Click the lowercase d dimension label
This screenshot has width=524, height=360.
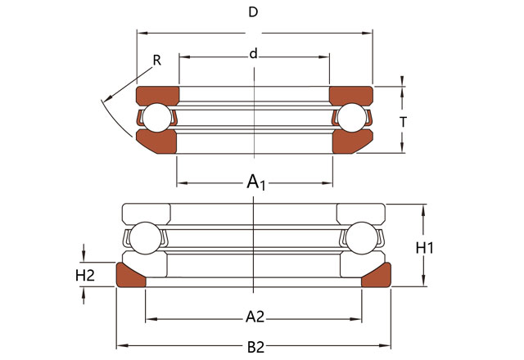(x=254, y=54)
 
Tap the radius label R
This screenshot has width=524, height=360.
(x=156, y=60)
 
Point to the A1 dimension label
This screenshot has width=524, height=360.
(x=255, y=182)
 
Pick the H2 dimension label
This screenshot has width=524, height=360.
(x=85, y=276)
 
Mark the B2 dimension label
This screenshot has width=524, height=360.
(x=255, y=346)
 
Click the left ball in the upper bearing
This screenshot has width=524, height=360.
(x=157, y=118)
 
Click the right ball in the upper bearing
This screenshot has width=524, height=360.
(x=353, y=118)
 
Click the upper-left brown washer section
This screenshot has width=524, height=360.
(x=156, y=95)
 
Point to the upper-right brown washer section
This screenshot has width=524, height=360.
(x=351, y=95)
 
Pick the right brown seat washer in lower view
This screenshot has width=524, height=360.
(x=376, y=277)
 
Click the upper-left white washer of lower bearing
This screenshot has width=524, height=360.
(x=146, y=212)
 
